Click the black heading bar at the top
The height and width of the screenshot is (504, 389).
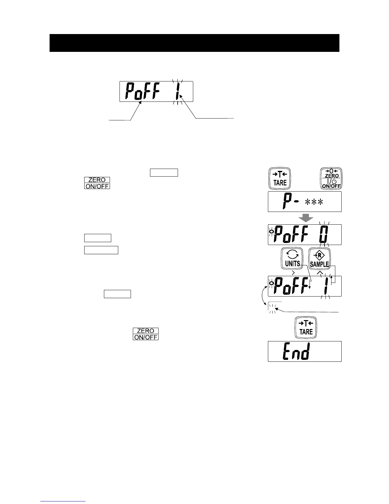(194, 43)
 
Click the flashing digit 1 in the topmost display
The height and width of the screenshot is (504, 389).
(178, 92)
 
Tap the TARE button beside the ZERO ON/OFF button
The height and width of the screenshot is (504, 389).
(280, 178)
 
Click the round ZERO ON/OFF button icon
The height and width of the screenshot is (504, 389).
(331, 178)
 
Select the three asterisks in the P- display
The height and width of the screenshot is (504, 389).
(314, 202)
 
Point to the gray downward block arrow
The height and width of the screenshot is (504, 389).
(305, 218)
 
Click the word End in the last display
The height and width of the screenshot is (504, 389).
(296, 351)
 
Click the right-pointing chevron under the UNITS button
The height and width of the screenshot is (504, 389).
(293, 272)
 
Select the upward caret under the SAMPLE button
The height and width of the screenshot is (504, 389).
(319, 272)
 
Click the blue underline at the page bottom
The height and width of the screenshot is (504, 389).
(63, 501)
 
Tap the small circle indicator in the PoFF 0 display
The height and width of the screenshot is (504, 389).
(271, 232)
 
